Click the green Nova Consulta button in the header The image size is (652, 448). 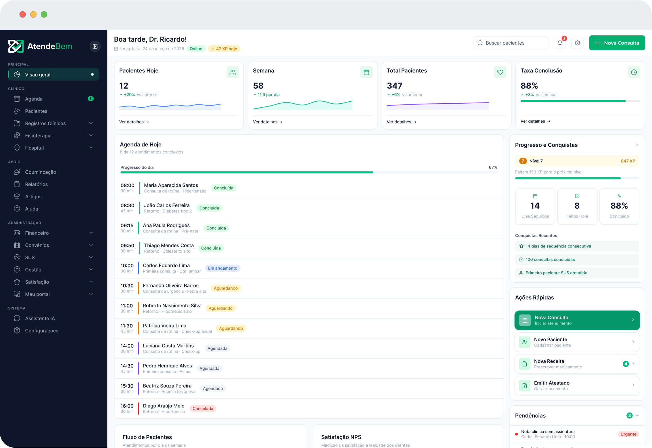coord(617,43)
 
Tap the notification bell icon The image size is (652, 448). coord(560,43)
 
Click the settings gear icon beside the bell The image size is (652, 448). coord(577,43)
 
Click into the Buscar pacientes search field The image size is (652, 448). coord(511,43)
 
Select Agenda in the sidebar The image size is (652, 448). coord(34,99)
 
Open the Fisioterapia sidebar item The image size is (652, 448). coord(38,136)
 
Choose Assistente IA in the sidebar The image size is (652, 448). coord(40,318)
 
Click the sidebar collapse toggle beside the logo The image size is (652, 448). coord(95,46)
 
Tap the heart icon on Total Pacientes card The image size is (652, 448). coord(500,72)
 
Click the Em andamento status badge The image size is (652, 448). coord(223,268)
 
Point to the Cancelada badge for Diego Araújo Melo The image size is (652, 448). coord(203,409)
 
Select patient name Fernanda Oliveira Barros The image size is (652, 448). coord(170,285)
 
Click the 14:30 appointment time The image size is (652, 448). coord(127,366)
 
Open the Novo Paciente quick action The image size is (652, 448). coord(577,342)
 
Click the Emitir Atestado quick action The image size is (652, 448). coord(577,386)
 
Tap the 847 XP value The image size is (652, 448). coord(628,161)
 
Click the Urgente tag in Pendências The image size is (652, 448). coord(628,434)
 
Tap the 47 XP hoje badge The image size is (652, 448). coord(224,49)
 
